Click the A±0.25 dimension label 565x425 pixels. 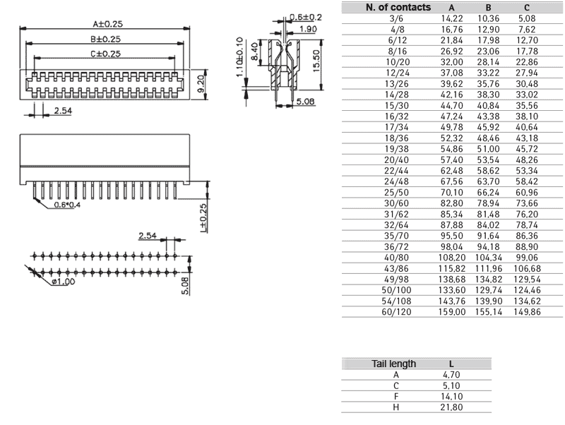(108, 24)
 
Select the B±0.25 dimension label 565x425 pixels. (105, 39)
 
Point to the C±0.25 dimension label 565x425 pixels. (105, 54)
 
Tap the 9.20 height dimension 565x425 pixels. (201, 83)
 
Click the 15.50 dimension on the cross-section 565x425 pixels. (316, 61)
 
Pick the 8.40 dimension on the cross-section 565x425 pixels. (254, 52)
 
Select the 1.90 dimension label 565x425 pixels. (307, 29)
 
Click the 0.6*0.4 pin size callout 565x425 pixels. (67, 205)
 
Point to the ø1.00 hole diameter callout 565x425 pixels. (63, 282)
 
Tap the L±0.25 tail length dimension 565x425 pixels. (203, 218)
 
